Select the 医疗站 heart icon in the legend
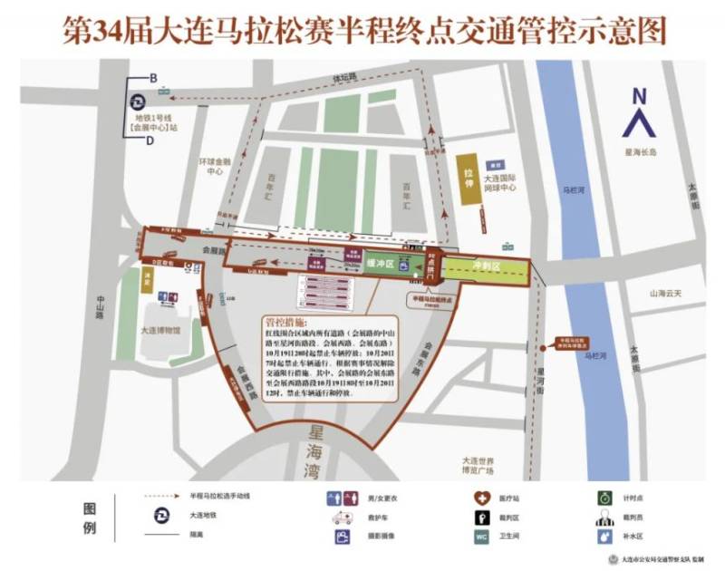pos(480,498)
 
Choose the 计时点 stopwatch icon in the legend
pos(603,498)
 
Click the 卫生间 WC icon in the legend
pos(480,536)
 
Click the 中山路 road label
pos(99,309)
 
